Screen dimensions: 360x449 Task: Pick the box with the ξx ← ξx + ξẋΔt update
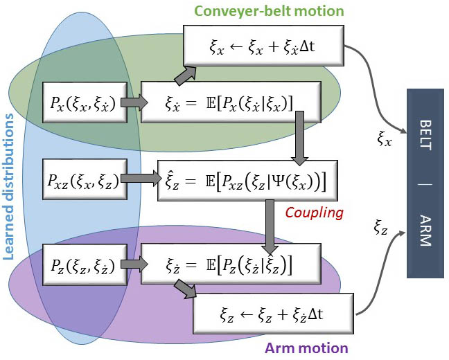click(263, 47)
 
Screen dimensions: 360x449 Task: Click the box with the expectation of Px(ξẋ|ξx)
click(231, 102)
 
